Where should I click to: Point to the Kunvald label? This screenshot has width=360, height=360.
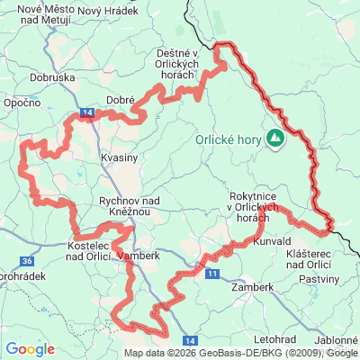(x=273, y=242)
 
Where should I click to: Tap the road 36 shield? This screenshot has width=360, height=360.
(x=28, y=261)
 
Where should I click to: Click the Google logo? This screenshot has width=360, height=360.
(x=30, y=348)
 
